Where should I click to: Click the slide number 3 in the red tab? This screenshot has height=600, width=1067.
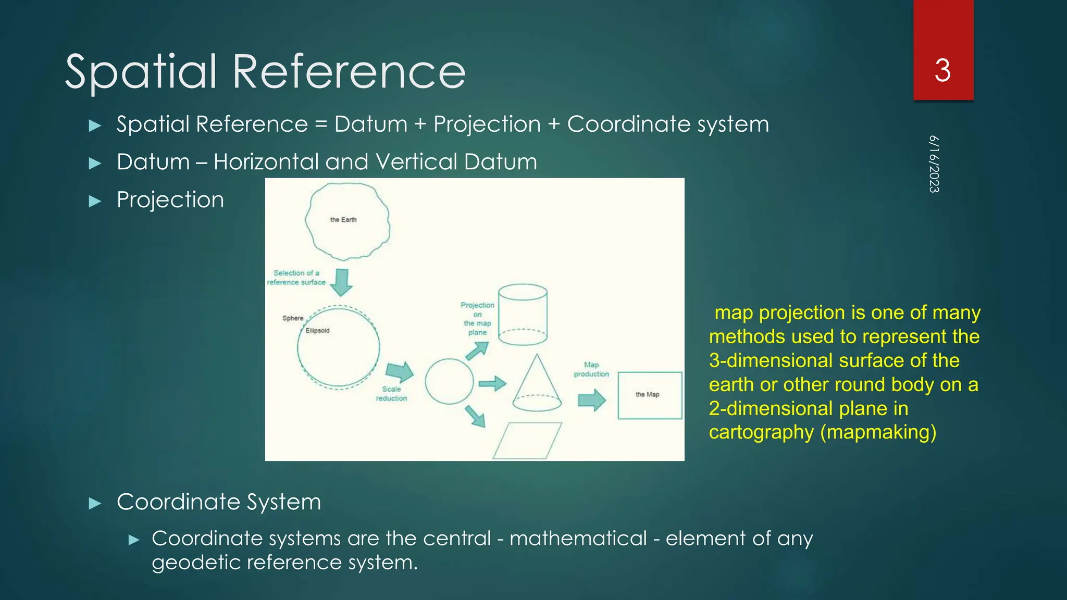[942, 71]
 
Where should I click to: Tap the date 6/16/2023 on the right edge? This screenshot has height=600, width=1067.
[934, 164]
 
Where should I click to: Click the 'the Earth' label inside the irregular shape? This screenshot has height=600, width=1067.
[343, 220]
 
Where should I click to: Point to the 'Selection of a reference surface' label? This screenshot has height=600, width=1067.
[296, 278]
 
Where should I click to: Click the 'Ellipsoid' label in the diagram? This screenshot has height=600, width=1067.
[317, 331]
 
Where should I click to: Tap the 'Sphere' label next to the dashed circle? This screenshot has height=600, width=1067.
[293, 318]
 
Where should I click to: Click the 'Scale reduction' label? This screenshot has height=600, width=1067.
[391, 394]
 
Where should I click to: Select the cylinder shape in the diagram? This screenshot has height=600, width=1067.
[523, 314]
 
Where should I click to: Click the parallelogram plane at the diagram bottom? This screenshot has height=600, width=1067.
[527, 441]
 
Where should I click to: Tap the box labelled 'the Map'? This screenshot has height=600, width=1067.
[650, 395]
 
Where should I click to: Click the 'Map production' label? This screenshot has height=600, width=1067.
[591, 369]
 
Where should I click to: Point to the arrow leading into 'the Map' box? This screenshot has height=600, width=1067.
[592, 400]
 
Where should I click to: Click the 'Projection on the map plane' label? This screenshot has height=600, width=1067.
[477, 318]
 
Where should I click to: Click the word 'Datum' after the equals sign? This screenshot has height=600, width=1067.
[370, 124]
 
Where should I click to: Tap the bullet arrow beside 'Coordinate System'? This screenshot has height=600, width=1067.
[95, 503]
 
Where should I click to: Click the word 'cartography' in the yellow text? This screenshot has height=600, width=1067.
[761, 432]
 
